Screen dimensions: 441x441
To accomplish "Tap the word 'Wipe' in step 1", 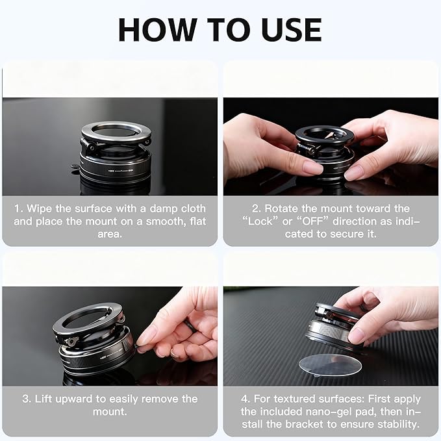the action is (x=39, y=208).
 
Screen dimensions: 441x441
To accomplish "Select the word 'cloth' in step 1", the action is (x=194, y=208).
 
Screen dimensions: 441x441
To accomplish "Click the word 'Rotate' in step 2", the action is (x=281, y=208).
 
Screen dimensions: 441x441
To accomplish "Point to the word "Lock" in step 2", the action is (x=260, y=221).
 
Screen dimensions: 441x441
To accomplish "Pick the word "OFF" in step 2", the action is (x=313, y=221).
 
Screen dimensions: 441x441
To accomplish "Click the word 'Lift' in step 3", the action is (x=42, y=399).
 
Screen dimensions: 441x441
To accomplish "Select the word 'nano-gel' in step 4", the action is (x=329, y=412).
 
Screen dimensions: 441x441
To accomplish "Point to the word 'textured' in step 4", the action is (x=296, y=399).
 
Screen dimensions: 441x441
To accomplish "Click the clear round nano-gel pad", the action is (x=330, y=365).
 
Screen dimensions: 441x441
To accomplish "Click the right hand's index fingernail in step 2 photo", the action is (x=353, y=173).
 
